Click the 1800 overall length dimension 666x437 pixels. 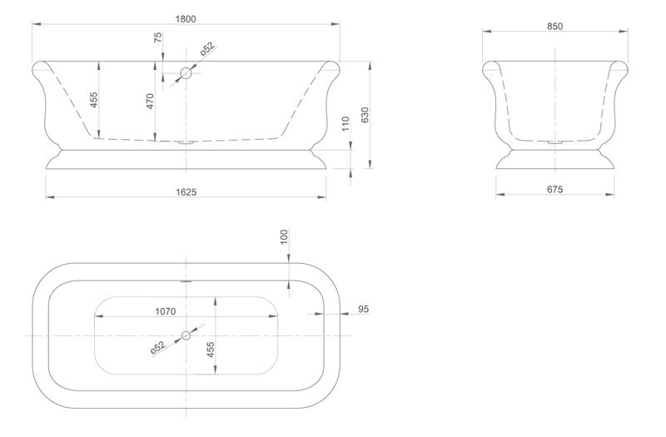pos(186,17)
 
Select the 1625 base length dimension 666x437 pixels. pos(186,192)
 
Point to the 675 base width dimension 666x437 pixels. pos(555,190)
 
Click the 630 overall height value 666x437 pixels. pos(365,116)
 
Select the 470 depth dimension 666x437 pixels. pos(151,102)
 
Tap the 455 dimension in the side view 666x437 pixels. pos(94,101)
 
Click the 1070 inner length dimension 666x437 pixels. pos(165,312)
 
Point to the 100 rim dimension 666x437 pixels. pos(284,237)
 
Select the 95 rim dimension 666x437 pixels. pos(363,309)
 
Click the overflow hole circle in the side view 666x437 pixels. pos(186,73)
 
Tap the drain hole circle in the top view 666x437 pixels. pos(186,335)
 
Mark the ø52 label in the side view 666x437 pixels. pos(206,49)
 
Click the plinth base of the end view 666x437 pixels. pos(556,160)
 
